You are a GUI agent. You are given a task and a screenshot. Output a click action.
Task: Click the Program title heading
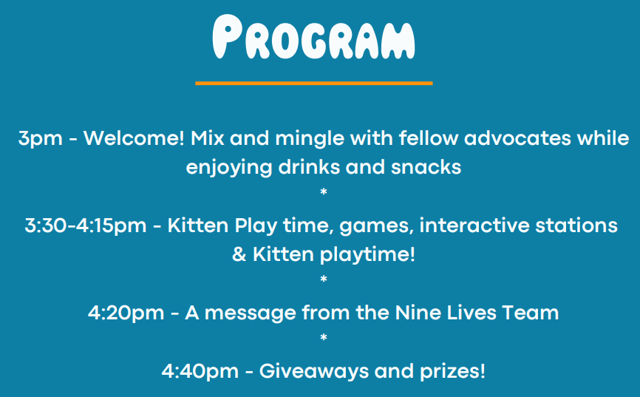coord(313,37)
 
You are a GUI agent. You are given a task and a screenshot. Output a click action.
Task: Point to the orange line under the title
coord(314,84)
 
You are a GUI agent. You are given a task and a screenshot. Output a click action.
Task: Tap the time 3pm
coord(41,139)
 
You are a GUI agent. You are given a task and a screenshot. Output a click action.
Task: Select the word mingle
coord(310,139)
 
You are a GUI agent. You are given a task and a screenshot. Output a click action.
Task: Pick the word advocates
coord(517,138)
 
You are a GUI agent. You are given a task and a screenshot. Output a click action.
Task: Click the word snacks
coord(426,167)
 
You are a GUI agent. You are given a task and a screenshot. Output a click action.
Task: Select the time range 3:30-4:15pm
coord(86,226)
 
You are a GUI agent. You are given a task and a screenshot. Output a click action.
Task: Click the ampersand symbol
coord(239,254)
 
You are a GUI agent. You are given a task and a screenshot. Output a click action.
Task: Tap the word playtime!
coord(367,255)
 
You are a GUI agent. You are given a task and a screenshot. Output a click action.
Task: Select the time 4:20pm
coord(126,313)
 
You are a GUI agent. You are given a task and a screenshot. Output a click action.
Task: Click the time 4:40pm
coord(200,372)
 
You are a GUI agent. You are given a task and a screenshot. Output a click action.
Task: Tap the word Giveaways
coord(313,372)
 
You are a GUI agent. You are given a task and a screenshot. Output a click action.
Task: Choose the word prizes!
coord(452,372)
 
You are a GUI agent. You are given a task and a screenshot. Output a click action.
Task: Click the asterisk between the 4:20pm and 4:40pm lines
coord(324,338)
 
